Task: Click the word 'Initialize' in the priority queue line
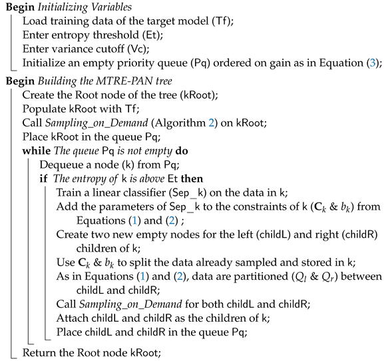tap(45, 63)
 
